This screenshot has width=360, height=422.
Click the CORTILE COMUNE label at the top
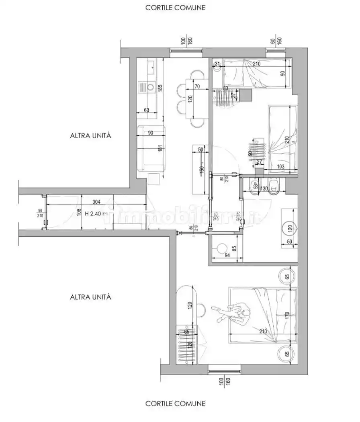coord(175,7)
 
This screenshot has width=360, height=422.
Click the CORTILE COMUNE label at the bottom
coord(175,403)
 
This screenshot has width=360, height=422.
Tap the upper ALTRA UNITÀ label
coord(90,136)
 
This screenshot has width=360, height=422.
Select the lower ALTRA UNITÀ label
coord(90,297)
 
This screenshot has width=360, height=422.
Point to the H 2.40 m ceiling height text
coord(93,214)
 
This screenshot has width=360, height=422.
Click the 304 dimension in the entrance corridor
coord(96,202)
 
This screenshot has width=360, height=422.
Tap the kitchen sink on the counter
coord(151,67)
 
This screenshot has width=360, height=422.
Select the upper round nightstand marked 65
coord(287,277)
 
